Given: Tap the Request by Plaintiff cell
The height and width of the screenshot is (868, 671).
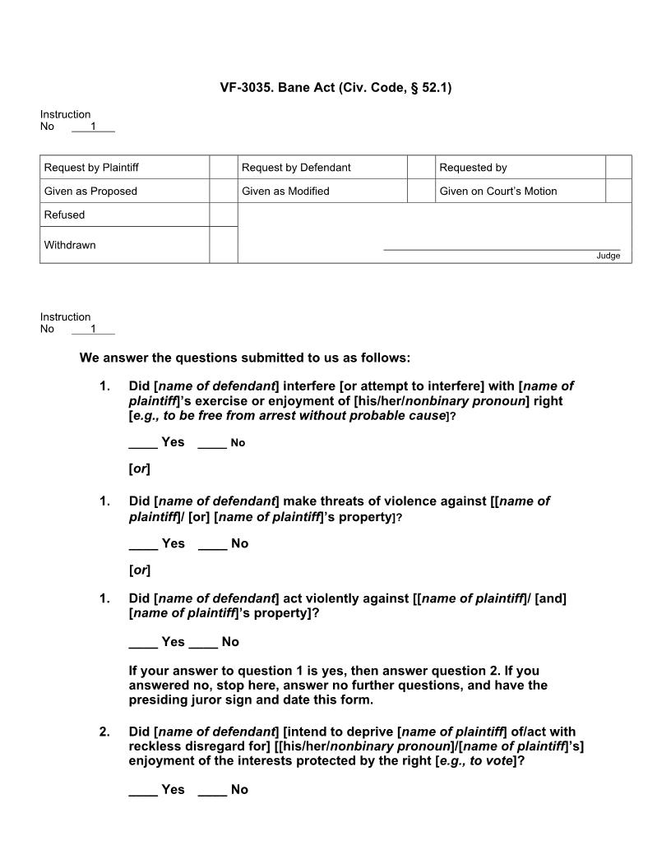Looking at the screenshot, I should pos(91,168).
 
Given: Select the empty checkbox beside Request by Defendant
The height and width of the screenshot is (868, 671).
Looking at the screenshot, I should pos(420,168).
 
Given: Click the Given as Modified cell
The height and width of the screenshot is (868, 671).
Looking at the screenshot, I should pos(285,192).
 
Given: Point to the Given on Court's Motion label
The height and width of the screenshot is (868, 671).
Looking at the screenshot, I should pos(497,192).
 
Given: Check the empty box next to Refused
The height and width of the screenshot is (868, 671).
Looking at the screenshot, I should pos(223,215).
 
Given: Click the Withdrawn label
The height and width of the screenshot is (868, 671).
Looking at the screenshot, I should pos(70,245).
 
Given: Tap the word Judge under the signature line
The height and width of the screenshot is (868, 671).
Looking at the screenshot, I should pos(608,256).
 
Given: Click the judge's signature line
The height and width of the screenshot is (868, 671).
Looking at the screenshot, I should pos(502,249).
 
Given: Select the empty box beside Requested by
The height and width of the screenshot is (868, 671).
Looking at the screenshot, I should pos(618,168).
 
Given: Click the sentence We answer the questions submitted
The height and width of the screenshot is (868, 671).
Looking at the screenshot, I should pos(244,358).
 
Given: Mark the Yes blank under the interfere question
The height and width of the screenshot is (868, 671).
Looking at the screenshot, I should pos(143,443).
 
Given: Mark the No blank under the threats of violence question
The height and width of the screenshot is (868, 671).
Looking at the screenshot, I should pos(212,544).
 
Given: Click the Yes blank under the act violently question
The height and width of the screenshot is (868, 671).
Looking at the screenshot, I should pos(143,643).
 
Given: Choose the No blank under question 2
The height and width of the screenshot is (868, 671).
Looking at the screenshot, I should pos(212,791).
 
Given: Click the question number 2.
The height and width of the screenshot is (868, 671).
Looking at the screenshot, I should pos(104,732).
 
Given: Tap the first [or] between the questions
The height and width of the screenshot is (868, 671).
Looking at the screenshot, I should pos(139,470).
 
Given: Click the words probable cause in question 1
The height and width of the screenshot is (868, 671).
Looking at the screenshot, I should pos(395,417).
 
